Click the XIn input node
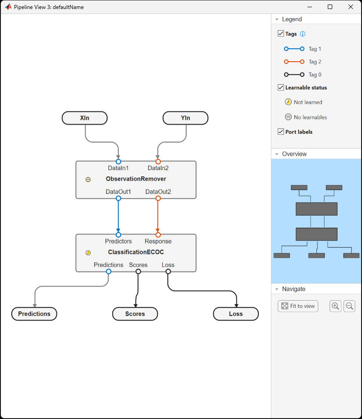click(85, 118)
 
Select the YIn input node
click(185, 118)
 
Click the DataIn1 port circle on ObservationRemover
click(119, 161)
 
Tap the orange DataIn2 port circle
click(158, 161)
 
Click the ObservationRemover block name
click(136, 179)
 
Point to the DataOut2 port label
click(158, 192)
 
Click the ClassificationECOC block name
click(136, 252)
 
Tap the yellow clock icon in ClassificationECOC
click(88, 253)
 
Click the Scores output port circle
click(138, 271)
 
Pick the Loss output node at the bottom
click(236, 314)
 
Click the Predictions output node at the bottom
click(34, 314)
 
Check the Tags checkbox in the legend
click(281, 34)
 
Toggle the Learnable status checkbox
click(281, 87)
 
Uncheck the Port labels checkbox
click(281, 132)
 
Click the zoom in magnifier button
click(335, 306)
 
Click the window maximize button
click(330, 7)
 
